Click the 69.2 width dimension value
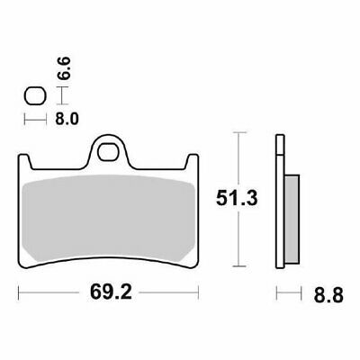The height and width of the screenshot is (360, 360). [106, 293]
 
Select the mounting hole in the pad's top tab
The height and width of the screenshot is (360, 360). [111, 148]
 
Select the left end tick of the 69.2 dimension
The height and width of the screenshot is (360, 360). [20, 293]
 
